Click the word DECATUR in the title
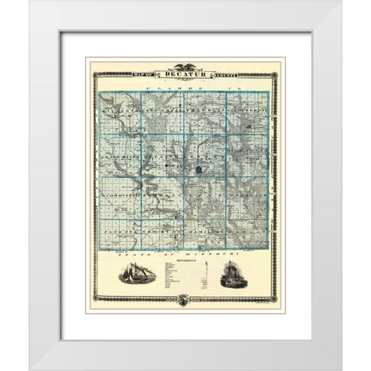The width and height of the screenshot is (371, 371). point(185,75)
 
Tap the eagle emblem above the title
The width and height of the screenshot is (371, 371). point(185,66)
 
